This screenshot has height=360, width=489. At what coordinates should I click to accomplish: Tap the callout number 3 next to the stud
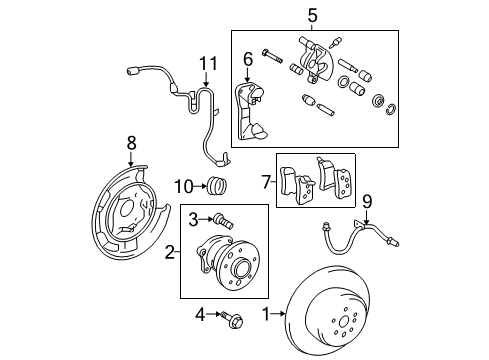click(191, 216)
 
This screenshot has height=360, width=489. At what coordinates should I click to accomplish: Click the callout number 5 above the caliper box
click(311, 15)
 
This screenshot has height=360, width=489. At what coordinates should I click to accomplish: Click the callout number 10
click(183, 184)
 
